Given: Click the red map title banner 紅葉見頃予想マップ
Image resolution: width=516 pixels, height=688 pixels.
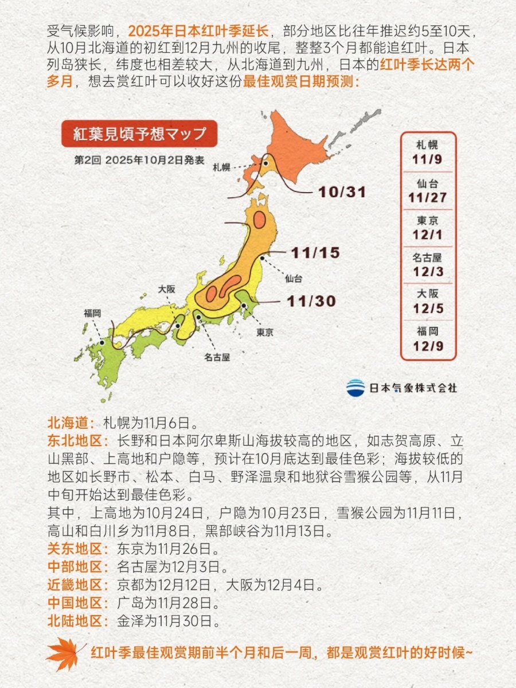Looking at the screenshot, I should (139, 134).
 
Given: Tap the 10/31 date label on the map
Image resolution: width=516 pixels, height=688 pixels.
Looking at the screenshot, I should (342, 193).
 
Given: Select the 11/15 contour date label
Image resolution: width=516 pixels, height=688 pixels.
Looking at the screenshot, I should (315, 252).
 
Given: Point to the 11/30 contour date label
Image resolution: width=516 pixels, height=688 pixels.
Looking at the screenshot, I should (311, 300).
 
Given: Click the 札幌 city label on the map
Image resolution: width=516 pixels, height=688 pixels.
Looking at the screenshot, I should (221, 167).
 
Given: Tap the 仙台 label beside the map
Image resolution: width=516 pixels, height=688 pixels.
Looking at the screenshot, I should (293, 279).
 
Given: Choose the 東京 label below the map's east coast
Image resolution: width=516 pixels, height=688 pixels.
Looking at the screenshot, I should (264, 332).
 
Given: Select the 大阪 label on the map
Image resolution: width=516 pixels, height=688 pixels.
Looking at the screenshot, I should (167, 290).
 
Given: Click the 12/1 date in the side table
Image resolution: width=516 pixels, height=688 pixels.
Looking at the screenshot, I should (428, 234).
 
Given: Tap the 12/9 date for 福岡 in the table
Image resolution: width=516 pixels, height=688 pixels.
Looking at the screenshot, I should (428, 346).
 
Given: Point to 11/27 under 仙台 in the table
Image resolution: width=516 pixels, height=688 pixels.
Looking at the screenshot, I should (428, 198).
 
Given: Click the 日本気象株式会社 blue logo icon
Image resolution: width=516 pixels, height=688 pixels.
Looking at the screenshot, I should (355, 388).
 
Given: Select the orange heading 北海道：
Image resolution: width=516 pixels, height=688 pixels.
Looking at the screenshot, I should (71, 424).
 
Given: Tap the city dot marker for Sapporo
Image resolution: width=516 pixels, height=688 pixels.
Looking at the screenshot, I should (266, 163).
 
